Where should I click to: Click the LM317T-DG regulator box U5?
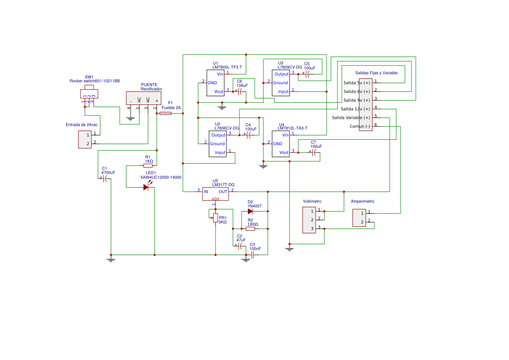[x=215, y=194]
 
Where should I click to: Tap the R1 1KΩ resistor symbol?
[x=148, y=165]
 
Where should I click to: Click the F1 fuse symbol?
[x=165, y=113]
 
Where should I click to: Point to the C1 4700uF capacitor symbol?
[x=104, y=178]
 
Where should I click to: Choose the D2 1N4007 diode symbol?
[x=250, y=211]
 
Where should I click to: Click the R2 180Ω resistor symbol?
[x=250, y=229]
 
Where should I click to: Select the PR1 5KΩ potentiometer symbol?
[x=215, y=218]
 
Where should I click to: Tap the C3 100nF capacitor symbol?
[x=252, y=255]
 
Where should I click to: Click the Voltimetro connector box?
[x=309, y=220]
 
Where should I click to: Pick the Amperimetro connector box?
[x=359, y=218]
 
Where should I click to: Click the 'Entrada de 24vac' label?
[x=82, y=124]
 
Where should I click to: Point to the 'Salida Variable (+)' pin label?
[x=351, y=118]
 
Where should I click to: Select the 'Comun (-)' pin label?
[x=360, y=126]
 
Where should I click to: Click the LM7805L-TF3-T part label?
[x=227, y=67]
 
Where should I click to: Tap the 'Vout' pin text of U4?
[x=284, y=152]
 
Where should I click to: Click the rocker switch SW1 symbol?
[x=89, y=92]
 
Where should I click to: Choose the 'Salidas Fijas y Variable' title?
[x=376, y=73]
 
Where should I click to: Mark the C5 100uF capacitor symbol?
[x=307, y=74]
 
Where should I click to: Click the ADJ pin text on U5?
[x=215, y=199]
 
